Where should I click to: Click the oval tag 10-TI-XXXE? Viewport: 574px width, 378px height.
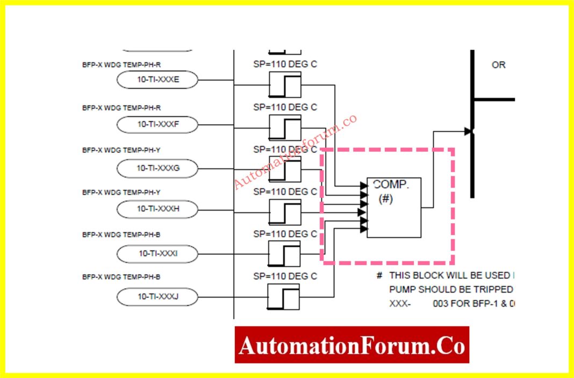pyautogui.click(x=157, y=81)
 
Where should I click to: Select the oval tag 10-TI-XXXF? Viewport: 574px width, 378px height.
pyautogui.click(x=157, y=124)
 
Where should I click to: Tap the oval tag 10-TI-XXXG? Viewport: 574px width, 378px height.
pyautogui.click(x=157, y=168)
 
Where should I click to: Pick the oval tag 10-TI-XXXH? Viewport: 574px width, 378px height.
pyautogui.click(x=157, y=209)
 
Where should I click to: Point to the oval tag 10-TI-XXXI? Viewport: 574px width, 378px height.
pyautogui.click(x=157, y=253)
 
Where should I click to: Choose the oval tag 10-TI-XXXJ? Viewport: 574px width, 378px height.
pyautogui.click(x=157, y=296)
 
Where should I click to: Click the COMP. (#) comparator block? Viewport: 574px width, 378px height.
pyautogui.click(x=394, y=207)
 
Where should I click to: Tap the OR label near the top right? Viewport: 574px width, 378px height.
pyautogui.click(x=498, y=65)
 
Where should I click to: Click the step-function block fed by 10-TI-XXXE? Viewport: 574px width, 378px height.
pyautogui.click(x=285, y=84)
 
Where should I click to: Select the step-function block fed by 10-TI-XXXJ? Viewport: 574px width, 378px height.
pyautogui.click(x=283, y=297)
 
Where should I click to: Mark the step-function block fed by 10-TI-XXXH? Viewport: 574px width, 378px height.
pyautogui.click(x=285, y=212)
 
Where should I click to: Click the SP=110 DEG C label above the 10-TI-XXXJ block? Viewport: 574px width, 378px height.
pyautogui.click(x=285, y=276)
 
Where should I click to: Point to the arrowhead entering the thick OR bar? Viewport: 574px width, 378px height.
pyautogui.click(x=468, y=131)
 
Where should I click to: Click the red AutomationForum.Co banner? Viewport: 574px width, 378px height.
pyautogui.click(x=351, y=345)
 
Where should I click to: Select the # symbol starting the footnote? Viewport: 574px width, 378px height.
pyautogui.click(x=379, y=275)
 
